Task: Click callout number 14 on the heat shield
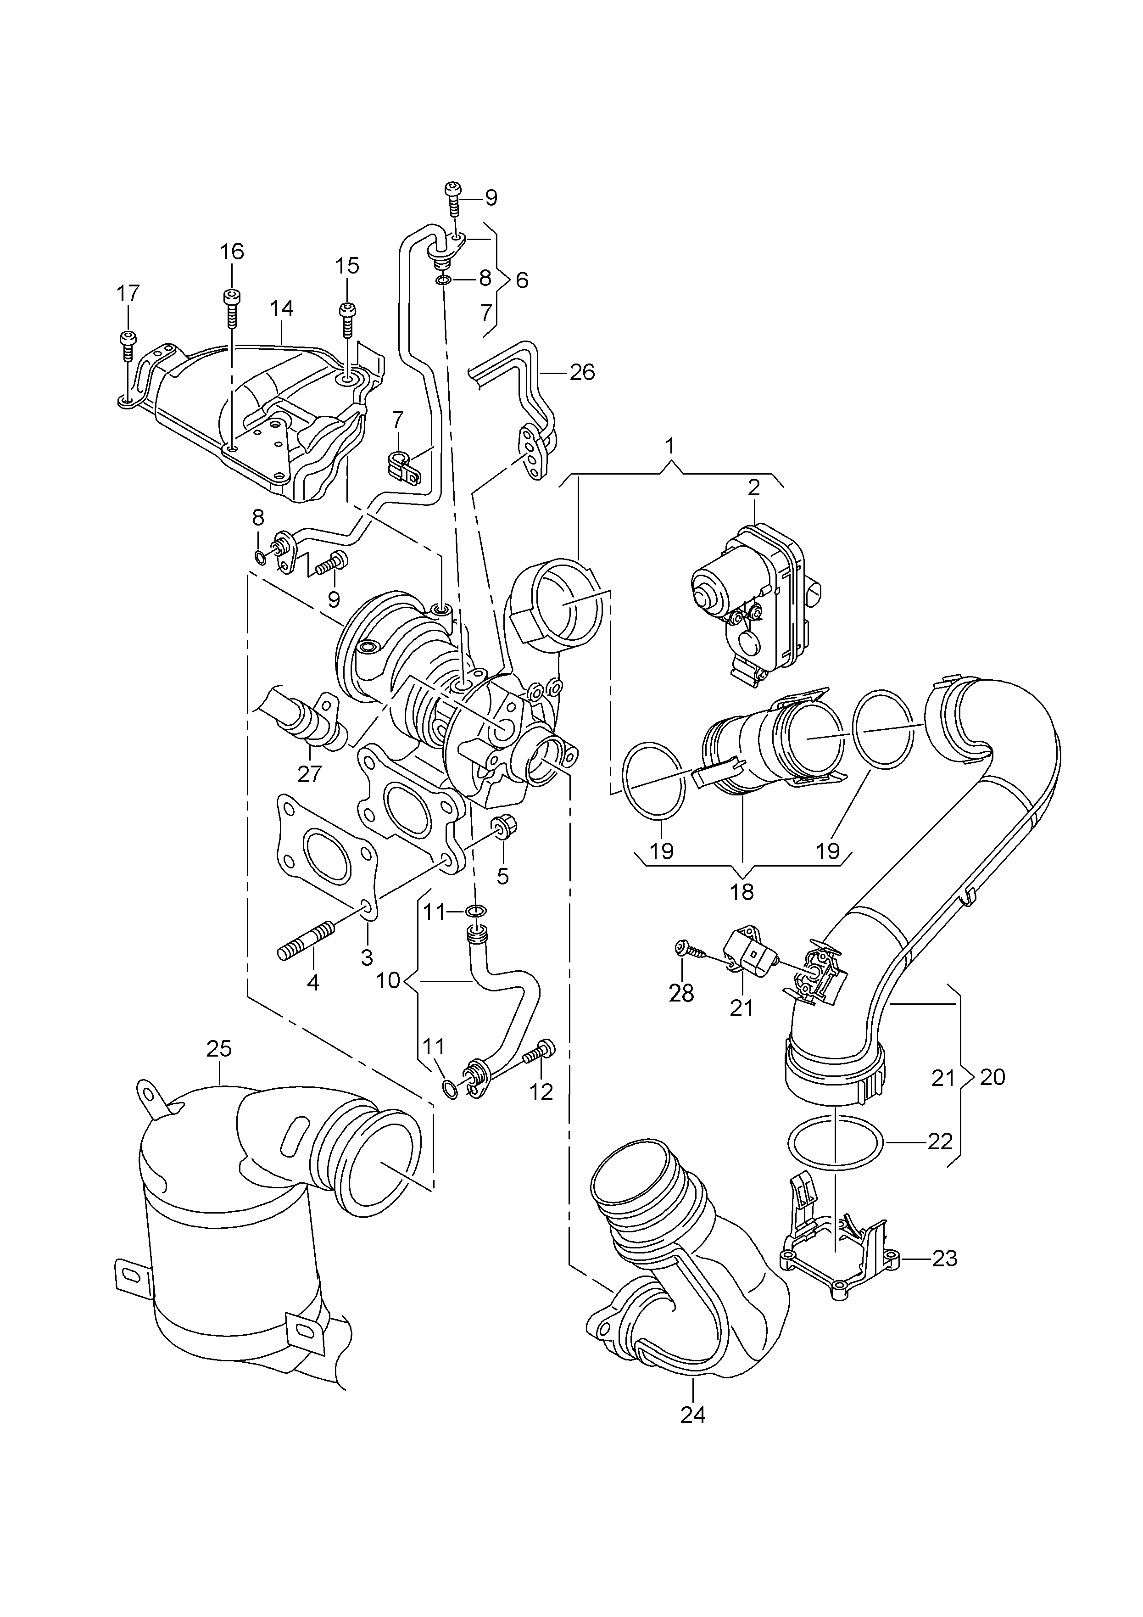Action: point(281,308)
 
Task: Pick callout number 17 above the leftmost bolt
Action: point(128,293)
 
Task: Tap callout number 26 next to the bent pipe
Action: point(582,372)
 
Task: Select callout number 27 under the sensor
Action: point(309,774)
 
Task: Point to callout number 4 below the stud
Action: point(312,982)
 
